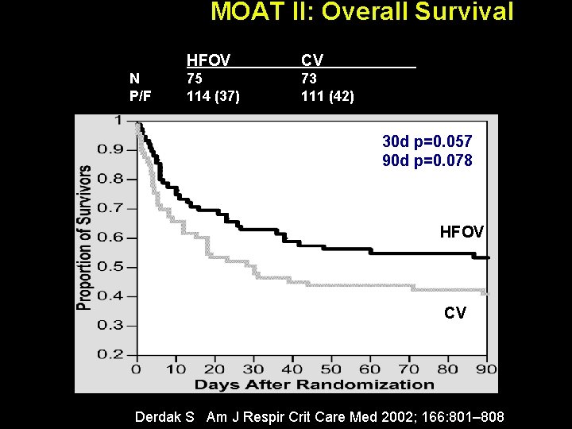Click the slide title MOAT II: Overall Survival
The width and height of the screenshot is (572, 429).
coord(361,13)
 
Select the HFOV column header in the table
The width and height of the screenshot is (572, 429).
coord(208,60)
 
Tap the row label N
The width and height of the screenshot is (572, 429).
coord(134,79)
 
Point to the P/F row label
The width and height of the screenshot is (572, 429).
coord(140,96)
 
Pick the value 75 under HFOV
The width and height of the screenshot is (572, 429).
coord(195,79)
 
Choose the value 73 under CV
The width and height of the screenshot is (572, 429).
coord(309,79)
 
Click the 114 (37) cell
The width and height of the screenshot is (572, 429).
coord(213,96)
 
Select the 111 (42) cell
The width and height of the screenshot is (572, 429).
coord(327,96)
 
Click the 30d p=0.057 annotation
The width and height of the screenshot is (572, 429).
coord(427,141)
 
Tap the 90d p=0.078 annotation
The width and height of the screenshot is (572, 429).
coord(427,160)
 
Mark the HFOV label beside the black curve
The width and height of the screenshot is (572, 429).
coord(462,232)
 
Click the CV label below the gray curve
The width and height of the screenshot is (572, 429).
coord(455,313)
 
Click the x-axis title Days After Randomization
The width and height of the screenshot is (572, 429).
coord(315,385)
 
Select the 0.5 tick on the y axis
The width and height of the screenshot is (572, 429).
coord(113,267)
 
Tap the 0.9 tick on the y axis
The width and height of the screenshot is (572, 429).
coord(113,149)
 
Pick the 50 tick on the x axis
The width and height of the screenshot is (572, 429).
coord(330,369)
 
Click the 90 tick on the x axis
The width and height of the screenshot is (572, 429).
coord(486,369)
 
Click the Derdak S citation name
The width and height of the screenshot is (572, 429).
coord(164,416)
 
